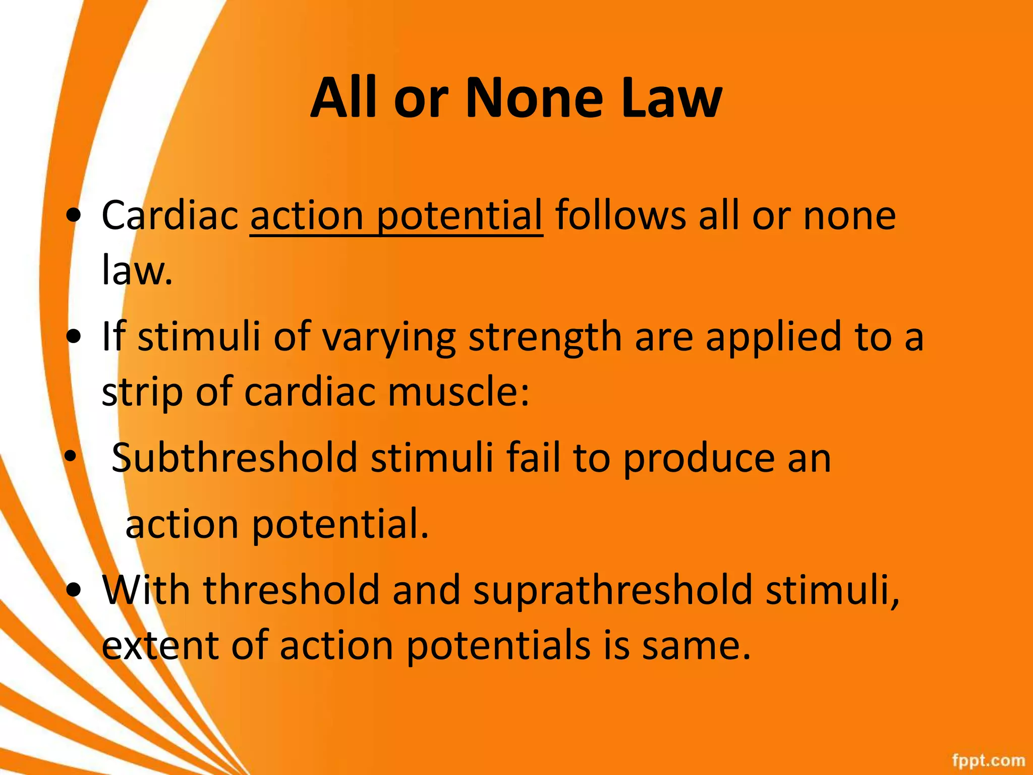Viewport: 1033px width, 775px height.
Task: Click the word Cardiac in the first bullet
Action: [x=169, y=216]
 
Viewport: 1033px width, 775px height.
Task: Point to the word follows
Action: [x=620, y=216]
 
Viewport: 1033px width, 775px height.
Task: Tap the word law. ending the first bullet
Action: [x=137, y=270]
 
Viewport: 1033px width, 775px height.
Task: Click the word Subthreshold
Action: [x=234, y=458]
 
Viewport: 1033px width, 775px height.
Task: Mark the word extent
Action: [x=160, y=646]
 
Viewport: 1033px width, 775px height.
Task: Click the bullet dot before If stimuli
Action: [x=74, y=337]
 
